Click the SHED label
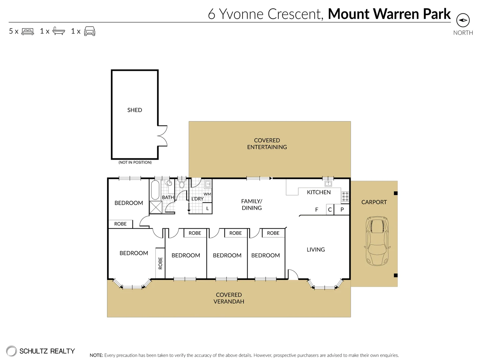coord(135,110)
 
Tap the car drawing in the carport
coord(377,241)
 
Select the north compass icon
coord(463,20)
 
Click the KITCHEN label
coord(319,192)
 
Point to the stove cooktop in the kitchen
coord(345,197)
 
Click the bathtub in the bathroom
coord(155,190)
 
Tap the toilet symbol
coord(182,184)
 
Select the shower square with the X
coord(156,207)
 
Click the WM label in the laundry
coord(207,194)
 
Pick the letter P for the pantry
coord(342,209)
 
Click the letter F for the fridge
coord(317,210)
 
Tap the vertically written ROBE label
coord(160,263)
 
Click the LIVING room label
coord(316,249)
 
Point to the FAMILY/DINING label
coord(252,204)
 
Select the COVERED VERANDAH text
coord(229,298)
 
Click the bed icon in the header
coord(28,31)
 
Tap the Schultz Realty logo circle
coord(11,351)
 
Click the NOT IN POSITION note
coord(135,162)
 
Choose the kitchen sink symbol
coord(328,184)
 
